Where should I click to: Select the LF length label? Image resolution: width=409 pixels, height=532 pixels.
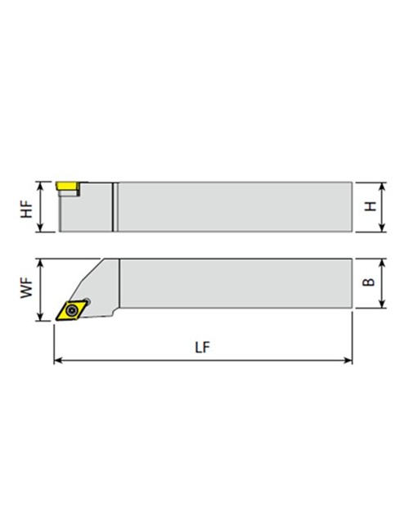point(203,347)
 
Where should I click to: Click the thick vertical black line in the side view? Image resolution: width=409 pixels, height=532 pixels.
point(114,206)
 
